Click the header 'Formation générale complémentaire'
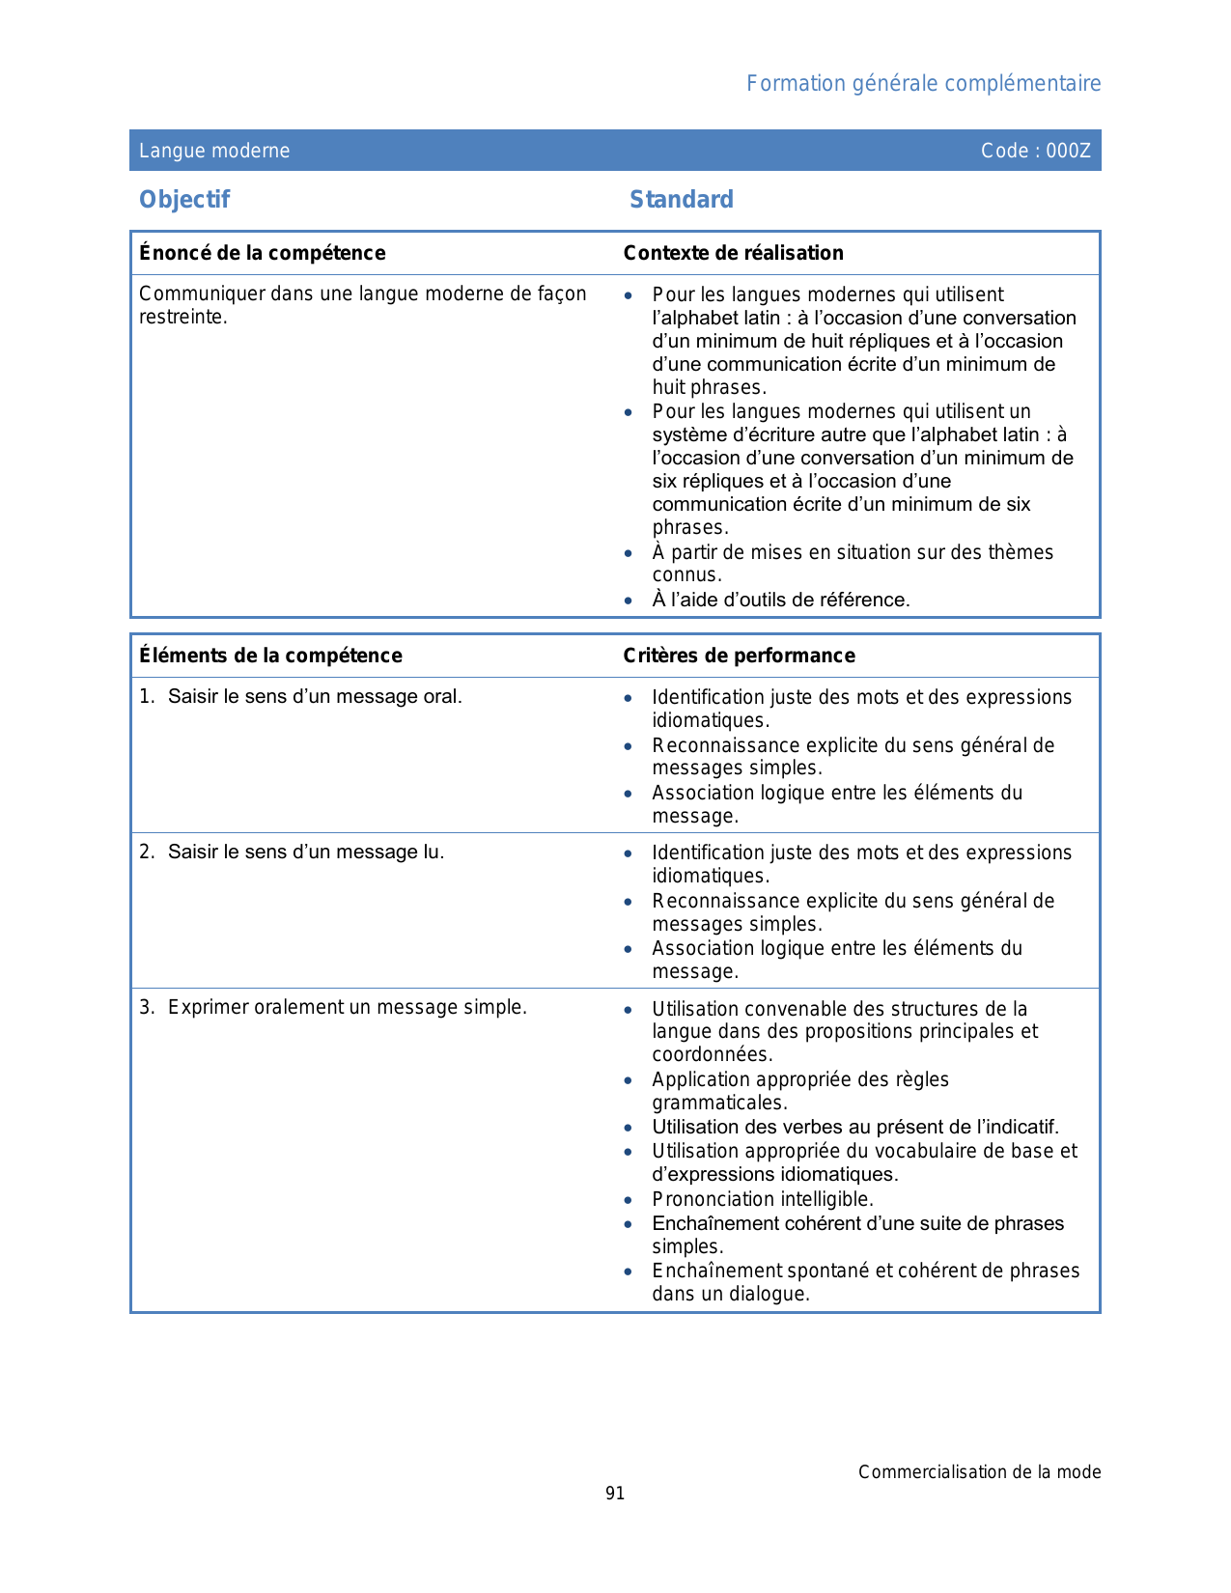tap(923, 84)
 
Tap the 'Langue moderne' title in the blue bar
tap(214, 151)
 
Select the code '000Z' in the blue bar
tap(1068, 151)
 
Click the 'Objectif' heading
tap(184, 200)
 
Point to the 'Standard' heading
tap(681, 200)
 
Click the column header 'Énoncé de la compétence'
tap(262, 253)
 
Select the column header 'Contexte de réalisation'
tap(733, 253)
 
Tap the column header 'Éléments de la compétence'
tap(270, 656)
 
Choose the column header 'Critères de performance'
tap(739, 656)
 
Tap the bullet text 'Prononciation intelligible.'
tap(762, 1199)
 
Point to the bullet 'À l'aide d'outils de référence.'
tap(780, 600)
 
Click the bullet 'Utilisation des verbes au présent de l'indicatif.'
tap(855, 1127)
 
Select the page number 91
tap(615, 1494)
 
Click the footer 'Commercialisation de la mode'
tap(979, 1472)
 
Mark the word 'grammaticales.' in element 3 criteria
tap(719, 1103)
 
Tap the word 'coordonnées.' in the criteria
tap(712, 1054)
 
